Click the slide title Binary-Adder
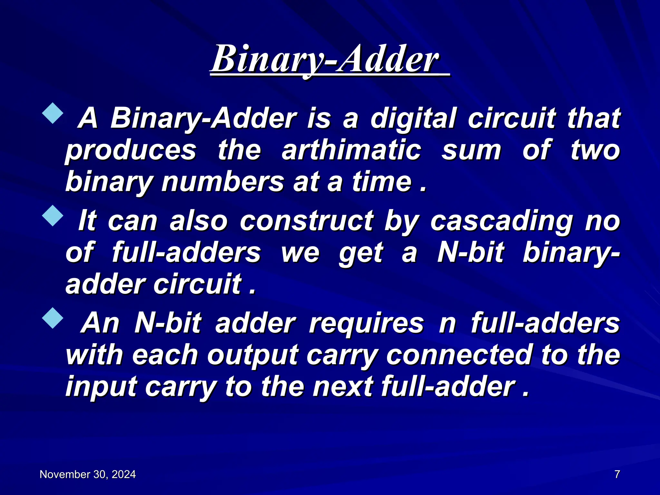325,59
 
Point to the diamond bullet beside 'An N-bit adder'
53,318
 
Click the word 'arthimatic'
351,150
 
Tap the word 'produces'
131,150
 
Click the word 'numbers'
223,182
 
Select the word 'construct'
306,221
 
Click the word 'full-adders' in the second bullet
186,253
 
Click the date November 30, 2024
88,474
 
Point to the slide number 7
617,474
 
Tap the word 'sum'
471,150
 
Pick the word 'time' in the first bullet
382,182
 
